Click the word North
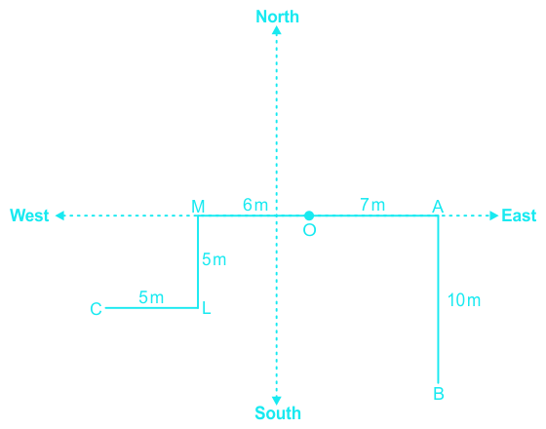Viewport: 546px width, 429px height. pyautogui.click(x=277, y=17)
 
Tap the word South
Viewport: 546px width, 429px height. pyautogui.click(x=278, y=413)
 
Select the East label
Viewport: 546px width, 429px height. pyautogui.click(x=519, y=215)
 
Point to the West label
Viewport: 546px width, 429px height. pyautogui.click(x=29, y=215)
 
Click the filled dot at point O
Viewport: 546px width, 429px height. pyautogui.click(x=309, y=215)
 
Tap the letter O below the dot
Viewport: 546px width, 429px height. pyautogui.click(x=309, y=230)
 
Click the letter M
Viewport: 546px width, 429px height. pyautogui.click(x=198, y=207)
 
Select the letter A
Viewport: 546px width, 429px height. pyautogui.click(x=438, y=207)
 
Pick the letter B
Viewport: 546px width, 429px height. pyautogui.click(x=439, y=394)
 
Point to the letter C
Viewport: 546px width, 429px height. pyautogui.click(x=96, y=309)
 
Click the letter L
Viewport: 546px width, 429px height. pyautogui.click(x=207, y=308)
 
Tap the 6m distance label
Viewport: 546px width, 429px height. pyautogui.click(x=255, y=205)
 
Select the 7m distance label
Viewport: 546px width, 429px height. pyautogui.click(x=372, y=205)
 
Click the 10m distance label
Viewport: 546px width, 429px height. pyautogui.click(x=464, y=300)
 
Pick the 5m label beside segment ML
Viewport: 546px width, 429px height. pyautogui.click(x=214, y=259)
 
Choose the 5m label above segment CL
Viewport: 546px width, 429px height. pyautogui.click(x=151, y=297)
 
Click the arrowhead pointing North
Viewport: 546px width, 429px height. pyautogui.click(x=277, y=30)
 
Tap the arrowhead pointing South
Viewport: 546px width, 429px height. pyautogui.click(x=277, y=400)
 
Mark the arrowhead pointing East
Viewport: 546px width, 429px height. pyautogui.click(x=494, y=215)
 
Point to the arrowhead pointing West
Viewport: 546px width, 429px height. pyautogui.click(x=59, y=215)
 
